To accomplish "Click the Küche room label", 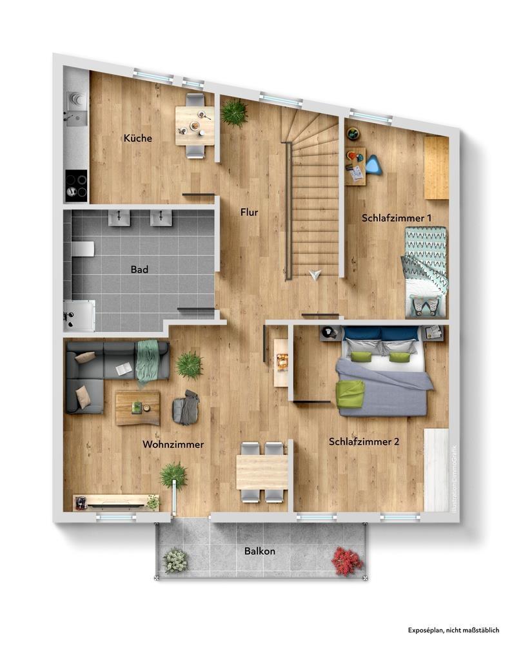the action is point(138,138).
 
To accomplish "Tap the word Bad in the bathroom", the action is point(139,269).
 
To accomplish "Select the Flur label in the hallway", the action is point(249,212).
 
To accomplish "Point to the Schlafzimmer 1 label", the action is point(397,218).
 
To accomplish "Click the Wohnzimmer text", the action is point(173,445).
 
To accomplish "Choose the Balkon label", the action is point(259,551).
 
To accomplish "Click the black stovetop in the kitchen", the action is point(76,186).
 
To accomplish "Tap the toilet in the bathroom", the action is point(83,249).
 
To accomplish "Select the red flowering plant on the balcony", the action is point(348,561).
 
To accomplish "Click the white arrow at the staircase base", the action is point(315,275).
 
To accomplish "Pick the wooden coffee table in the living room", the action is point(137,408).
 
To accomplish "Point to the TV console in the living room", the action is point(115,502).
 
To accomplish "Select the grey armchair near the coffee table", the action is point(186,408).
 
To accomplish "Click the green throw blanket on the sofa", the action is point(148,362).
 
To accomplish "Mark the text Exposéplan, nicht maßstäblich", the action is point(453,630).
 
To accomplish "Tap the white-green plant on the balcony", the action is point(175,561).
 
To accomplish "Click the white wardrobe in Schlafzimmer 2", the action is point(437,470).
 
